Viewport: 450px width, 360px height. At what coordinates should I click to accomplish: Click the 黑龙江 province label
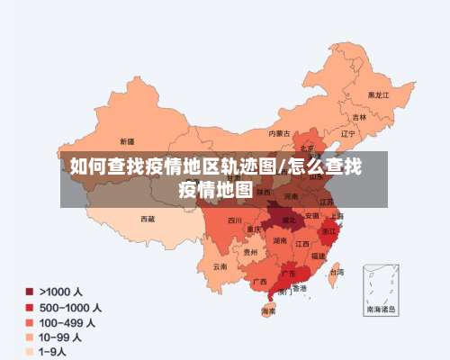point(378,94)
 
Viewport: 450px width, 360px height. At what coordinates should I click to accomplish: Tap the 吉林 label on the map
point(359,116)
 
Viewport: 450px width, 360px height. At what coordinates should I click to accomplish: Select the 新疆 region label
point(127,141)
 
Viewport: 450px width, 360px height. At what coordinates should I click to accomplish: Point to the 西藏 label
point(148,218)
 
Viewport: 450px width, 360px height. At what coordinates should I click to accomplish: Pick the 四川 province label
point(235,220)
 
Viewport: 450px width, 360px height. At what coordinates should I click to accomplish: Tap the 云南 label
point(220,266)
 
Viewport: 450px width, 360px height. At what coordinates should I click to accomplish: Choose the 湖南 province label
point(280,241)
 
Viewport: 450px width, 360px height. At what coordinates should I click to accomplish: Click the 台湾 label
point(337,271)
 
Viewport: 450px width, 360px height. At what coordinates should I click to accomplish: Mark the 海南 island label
point(268,311)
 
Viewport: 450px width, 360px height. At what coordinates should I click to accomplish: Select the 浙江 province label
point(328,230)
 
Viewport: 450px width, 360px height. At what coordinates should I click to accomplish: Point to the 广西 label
point(259,281)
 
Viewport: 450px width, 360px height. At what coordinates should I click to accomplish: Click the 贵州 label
point(249,253)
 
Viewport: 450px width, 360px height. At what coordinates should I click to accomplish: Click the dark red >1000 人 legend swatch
point(29,292)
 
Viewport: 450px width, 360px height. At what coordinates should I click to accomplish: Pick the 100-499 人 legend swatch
point(29,322)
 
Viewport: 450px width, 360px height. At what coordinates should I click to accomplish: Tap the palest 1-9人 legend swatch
point(29,352)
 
